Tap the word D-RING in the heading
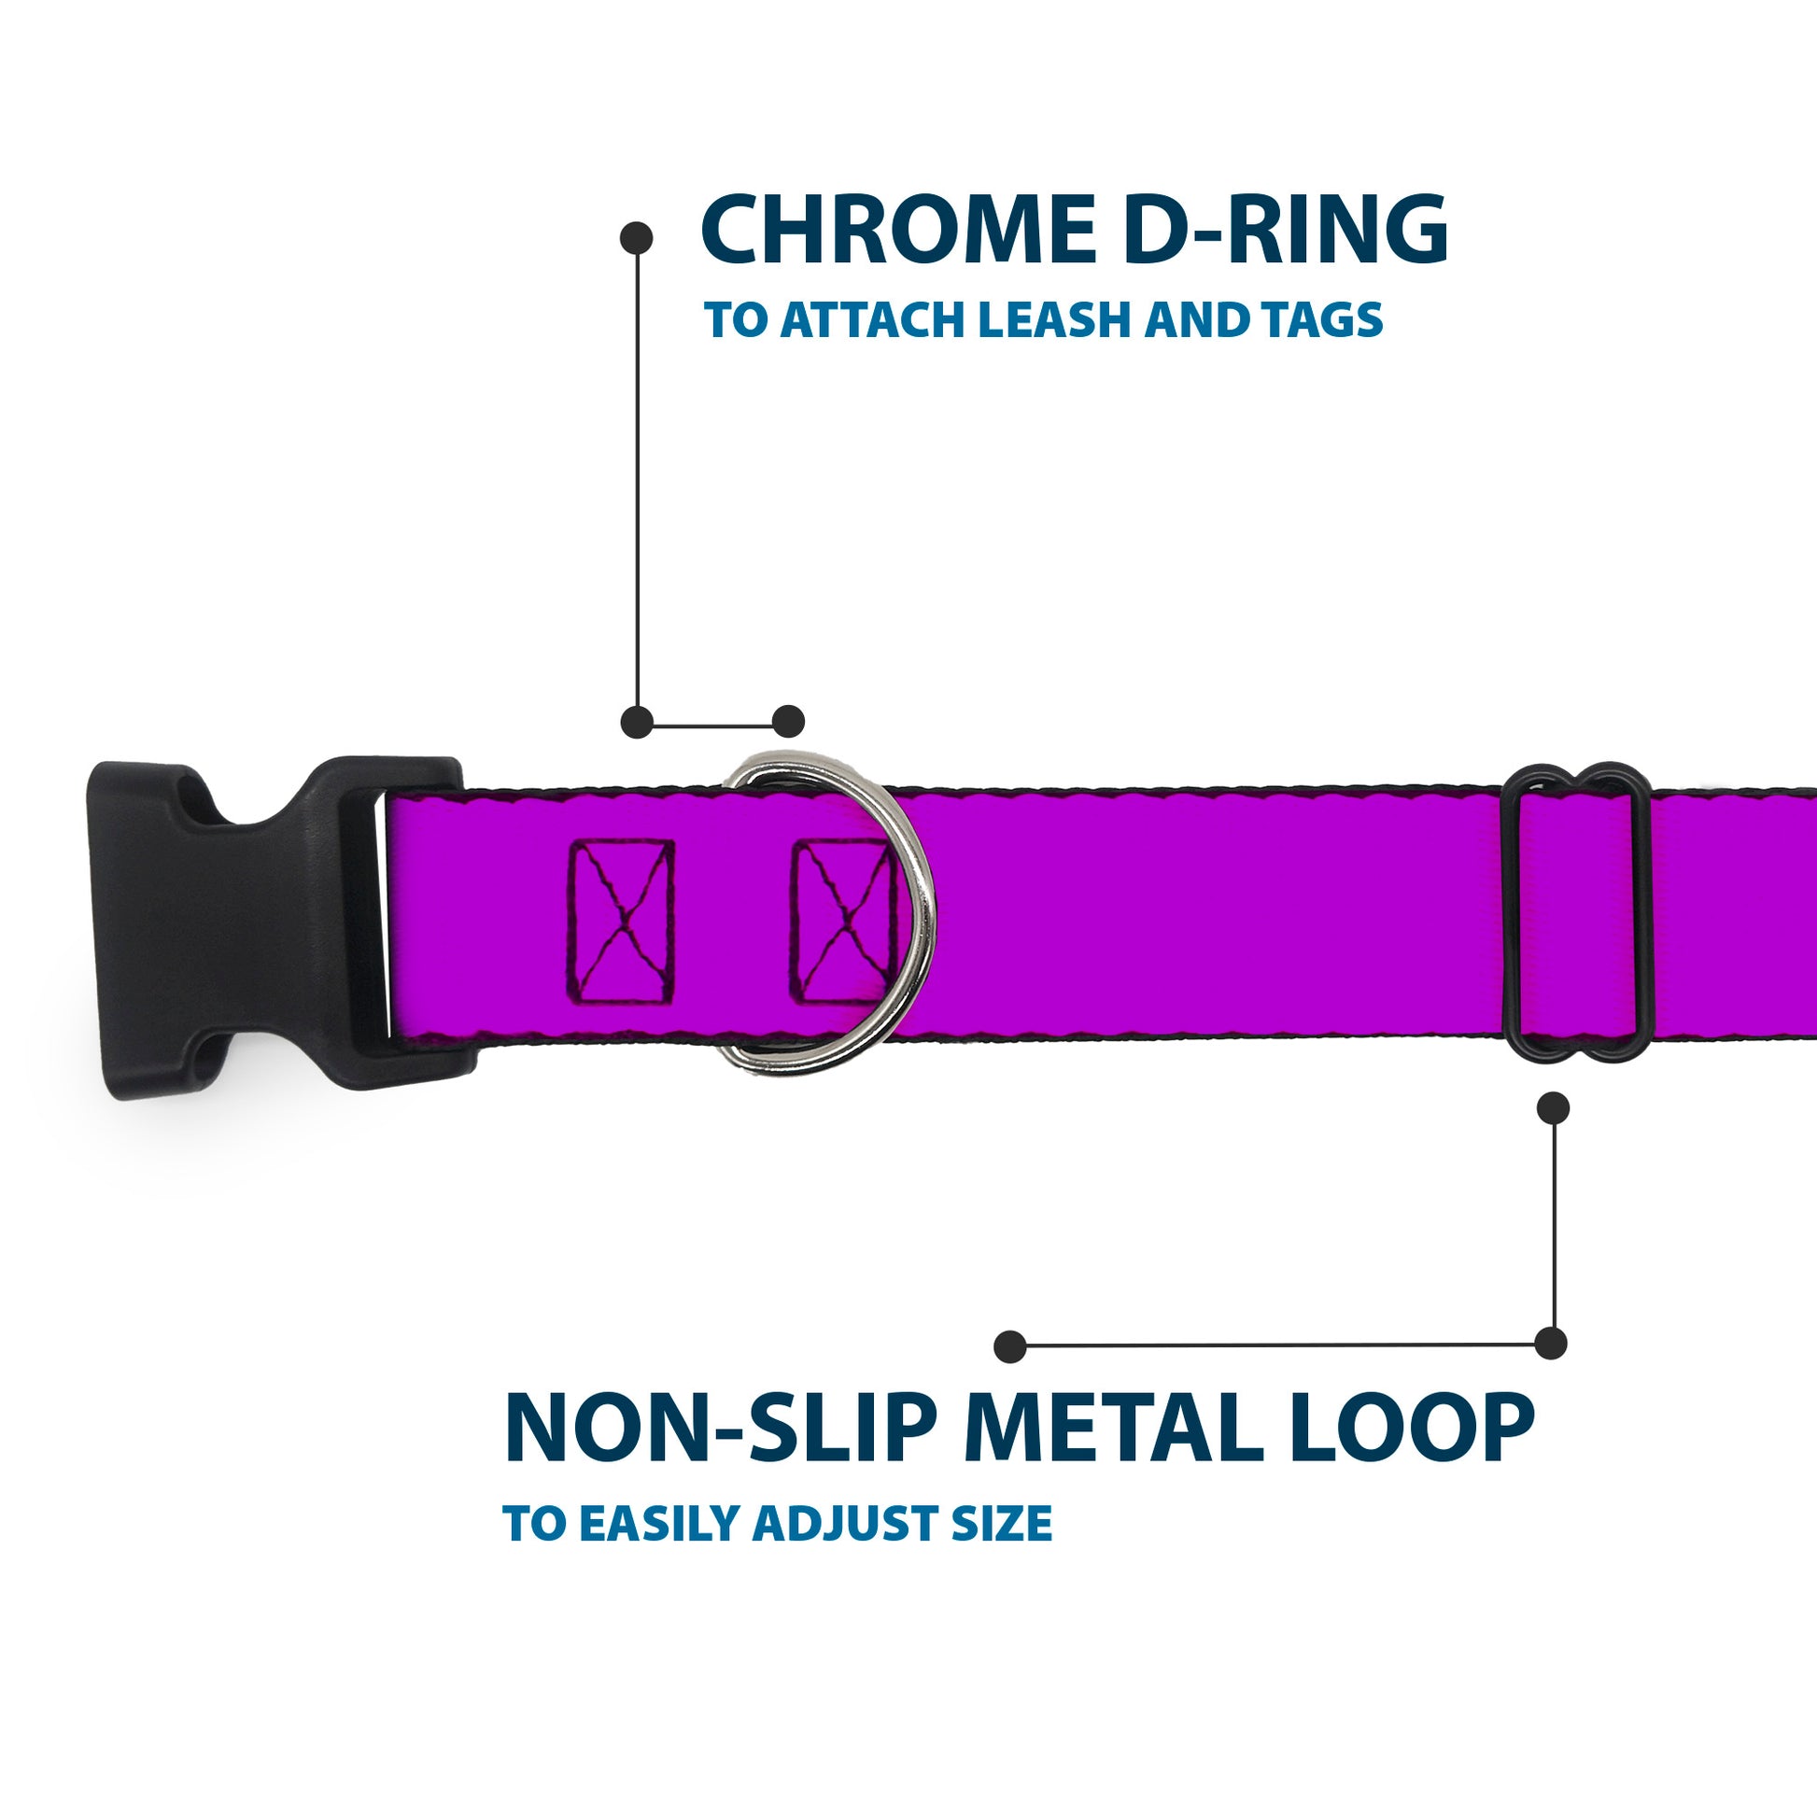(1285, 231)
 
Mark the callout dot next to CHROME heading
(637, 237)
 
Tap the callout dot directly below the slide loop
(1553, 1108)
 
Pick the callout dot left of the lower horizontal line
(1010, 1346)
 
